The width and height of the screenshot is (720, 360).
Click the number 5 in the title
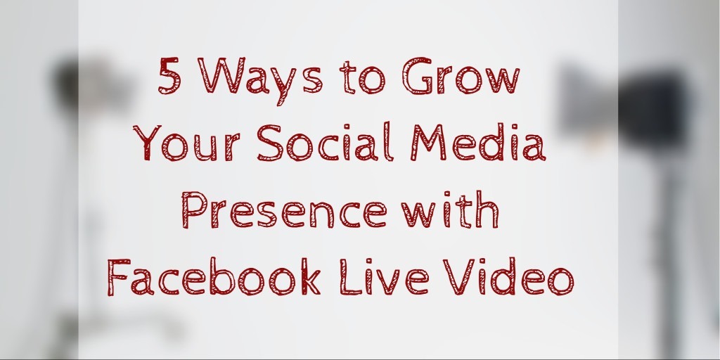[x=168, y=76]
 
